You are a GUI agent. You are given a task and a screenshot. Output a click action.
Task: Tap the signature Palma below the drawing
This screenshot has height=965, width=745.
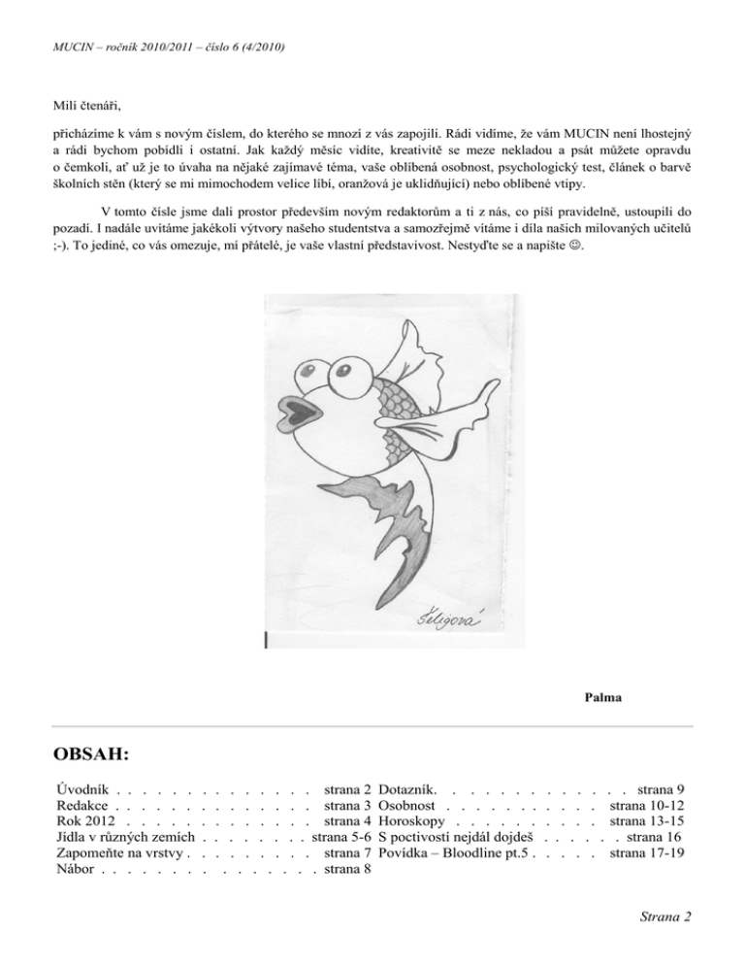pyautogui.click(x=603, y=697)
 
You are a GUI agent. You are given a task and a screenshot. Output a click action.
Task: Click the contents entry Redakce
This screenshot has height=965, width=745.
pyautogui.click(x=82, y=808)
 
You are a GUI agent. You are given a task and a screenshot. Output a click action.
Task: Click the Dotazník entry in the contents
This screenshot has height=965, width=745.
pyautogui.click(x=412, y=793)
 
